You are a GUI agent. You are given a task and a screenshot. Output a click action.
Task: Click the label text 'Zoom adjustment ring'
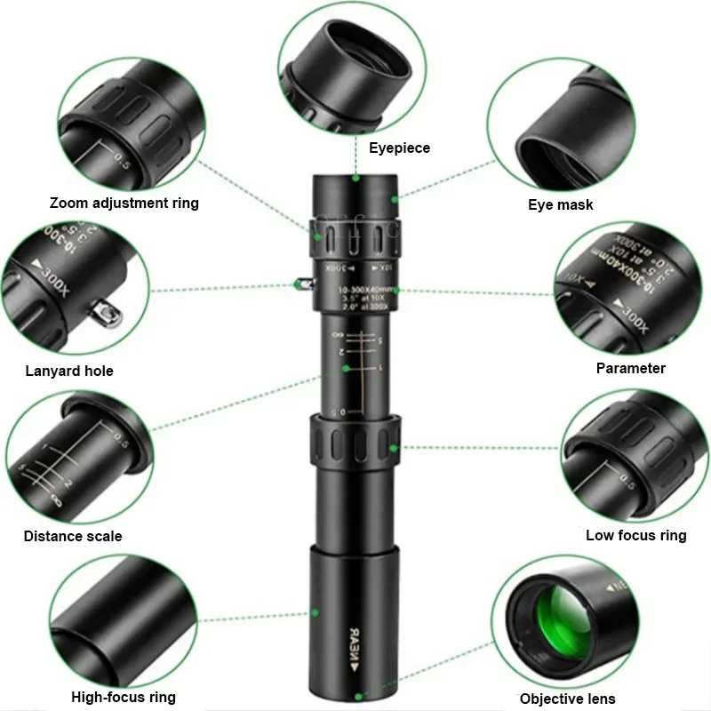[x=124, y=203]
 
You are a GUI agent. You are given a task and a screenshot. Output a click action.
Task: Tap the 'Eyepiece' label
[x=399, y=148]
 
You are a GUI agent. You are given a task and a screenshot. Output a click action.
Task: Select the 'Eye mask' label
[x=560, y=205]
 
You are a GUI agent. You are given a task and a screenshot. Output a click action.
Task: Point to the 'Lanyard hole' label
[x=69, y=371]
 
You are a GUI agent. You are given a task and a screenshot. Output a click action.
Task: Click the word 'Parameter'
[x=630, y=368]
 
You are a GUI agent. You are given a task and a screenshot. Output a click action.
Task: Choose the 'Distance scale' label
[x=73, y=536]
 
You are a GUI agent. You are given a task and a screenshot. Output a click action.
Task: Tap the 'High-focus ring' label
[x=124, y=697]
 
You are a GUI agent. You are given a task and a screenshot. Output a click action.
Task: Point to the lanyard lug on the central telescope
[x=302, y=284]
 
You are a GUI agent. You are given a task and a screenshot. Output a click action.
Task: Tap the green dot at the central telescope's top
[x=355, y=178]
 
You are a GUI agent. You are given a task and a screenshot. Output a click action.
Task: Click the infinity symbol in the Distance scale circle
[x=57, y=500]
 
